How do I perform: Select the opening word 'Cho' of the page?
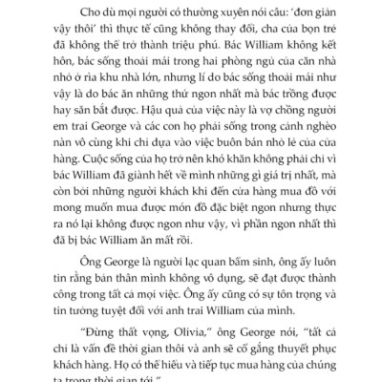[x=75, y=13]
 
